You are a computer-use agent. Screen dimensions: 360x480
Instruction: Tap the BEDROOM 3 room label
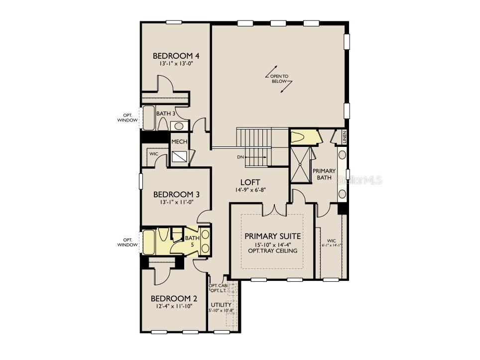(x=173, y=194)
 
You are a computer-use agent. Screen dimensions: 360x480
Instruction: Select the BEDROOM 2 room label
(x=174, y=299)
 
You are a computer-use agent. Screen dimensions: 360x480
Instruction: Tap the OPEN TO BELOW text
(x=279, y=78)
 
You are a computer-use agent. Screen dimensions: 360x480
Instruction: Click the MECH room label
(x=179, y=142)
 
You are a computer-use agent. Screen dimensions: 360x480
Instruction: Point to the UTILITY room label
(x=220, y=304)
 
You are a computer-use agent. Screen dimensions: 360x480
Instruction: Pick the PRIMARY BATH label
(x=324, y=174)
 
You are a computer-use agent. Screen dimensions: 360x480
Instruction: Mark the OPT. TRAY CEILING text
(x=272, y=250)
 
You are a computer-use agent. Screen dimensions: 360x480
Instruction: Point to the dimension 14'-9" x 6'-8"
(x=250, y=190)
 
